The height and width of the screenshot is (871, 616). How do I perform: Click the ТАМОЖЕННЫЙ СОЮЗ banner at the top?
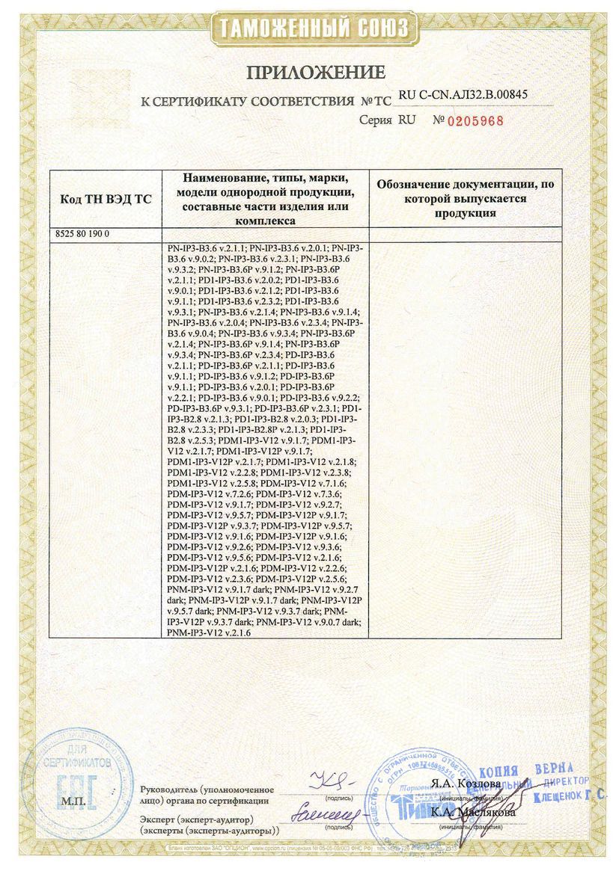314,29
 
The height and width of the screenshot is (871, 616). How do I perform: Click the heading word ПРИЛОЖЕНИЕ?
315,73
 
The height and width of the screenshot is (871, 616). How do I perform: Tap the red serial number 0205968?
475,120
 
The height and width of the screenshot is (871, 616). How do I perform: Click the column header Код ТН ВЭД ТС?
105,200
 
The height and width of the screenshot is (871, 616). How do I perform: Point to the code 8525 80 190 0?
82,234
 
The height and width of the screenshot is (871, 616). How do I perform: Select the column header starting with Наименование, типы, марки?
266,199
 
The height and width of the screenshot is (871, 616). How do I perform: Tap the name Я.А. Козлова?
464,784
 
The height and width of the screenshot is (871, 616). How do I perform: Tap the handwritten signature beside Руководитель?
330,782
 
